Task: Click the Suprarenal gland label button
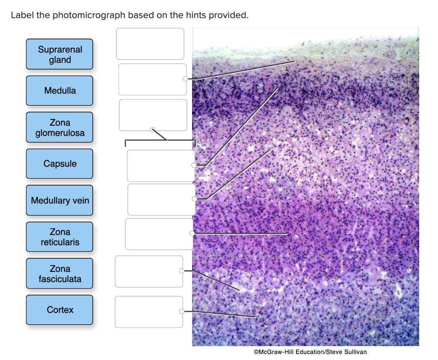coord(59,54)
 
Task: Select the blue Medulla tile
coord(59,91)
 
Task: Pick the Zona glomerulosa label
coord(59,127)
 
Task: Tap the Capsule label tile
coord(59,164)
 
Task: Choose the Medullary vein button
coord(59,200)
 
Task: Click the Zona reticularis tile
coord(59,237)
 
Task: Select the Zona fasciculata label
coord(59,274)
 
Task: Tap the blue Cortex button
coord(59,310)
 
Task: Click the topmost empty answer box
coord(150,44)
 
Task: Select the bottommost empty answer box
coord(149,312)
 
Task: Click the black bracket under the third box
coord(160,140)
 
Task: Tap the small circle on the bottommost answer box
coord(182,311)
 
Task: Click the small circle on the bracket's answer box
coord(152,129)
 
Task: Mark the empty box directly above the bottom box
coord(149,271)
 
